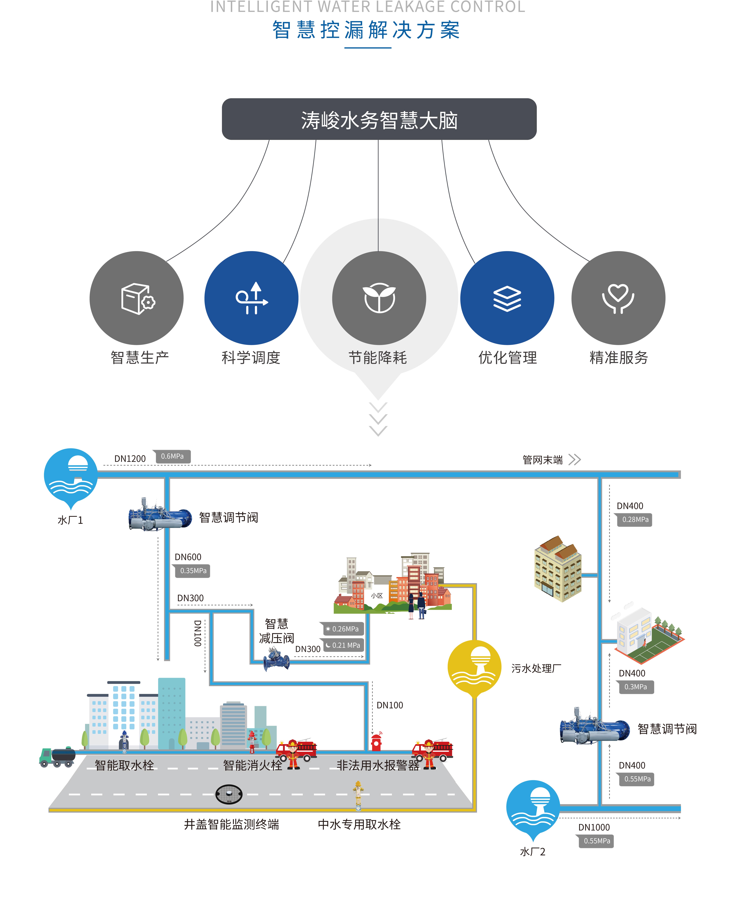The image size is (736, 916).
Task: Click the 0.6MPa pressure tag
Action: [172, 456]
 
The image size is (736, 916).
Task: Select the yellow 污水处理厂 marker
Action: [474, 666]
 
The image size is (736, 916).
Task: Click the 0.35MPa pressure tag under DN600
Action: [193, 571]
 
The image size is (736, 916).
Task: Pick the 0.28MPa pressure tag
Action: [635, 520]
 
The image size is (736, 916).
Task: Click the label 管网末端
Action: [543, 460]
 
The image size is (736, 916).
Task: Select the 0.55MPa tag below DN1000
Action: [597, 841]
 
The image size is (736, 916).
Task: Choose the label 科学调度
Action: [251, 358]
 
